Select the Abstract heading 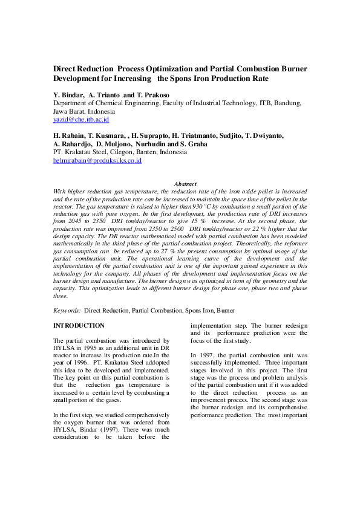coord(185,184)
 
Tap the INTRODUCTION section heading coord(79,326)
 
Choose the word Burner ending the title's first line coord(293,69)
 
